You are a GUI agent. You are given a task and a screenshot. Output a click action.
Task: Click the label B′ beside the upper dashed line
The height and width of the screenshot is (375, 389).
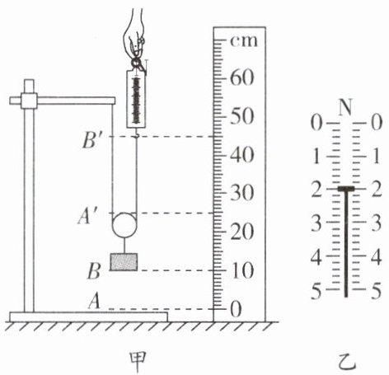point(91,141)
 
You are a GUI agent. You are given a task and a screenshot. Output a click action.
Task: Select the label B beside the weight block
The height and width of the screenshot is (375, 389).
point(94,271)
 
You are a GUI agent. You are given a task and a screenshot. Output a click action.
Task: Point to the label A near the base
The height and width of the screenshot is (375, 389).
point(94,301)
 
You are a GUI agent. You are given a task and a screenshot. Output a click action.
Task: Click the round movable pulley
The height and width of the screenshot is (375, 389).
point(124,225)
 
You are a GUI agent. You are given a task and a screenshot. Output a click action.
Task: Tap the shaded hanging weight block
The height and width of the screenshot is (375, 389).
point(124,262)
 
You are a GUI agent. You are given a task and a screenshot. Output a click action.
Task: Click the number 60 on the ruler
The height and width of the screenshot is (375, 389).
point(241,78)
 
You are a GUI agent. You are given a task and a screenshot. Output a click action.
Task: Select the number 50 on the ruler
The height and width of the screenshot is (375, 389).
point(241,117)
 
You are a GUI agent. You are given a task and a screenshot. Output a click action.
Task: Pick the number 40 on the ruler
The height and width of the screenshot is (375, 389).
point(241,155)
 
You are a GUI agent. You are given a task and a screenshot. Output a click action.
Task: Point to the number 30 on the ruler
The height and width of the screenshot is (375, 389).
point(241,193)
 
